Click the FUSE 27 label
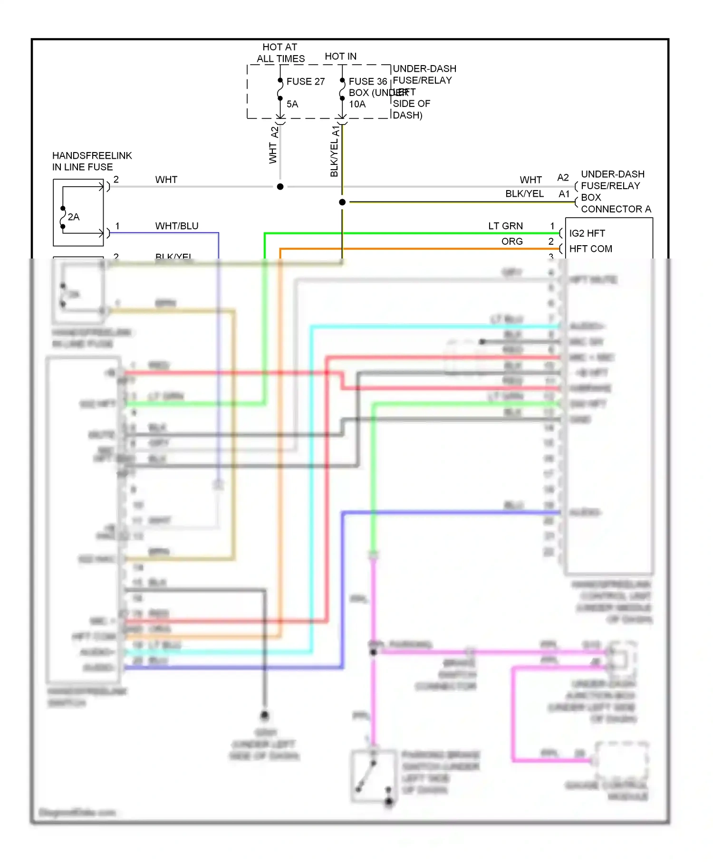[x=305, y=81]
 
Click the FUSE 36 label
[x=367, y=81]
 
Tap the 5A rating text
[x=292, y=104]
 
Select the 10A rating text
[x=357, y=104]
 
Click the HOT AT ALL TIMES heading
[x=280, y=53]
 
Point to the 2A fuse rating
[x=74, y=217]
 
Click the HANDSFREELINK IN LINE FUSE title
[x=92, y=161]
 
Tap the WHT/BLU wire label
[x=177, y=226]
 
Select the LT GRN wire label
[x=505, y=226]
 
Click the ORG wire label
[x=512, y=241]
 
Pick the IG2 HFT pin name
[x=587, y=233]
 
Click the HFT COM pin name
[x=591, y=249]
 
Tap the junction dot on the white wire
[x=280, y=187]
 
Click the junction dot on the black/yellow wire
[x=342, y=202]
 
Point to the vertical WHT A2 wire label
[x=273, y=145]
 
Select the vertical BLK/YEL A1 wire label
[x=335, y=151]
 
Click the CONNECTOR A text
[x=616, y=209]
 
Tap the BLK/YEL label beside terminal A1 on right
[x=524, y=194]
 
